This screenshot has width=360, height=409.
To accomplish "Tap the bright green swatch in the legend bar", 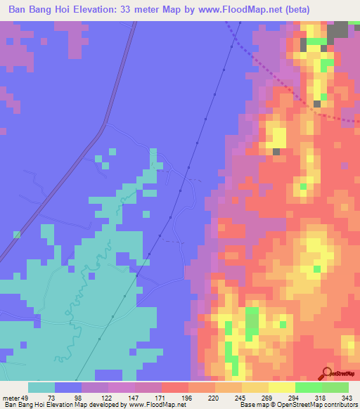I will click(x=308, y=388).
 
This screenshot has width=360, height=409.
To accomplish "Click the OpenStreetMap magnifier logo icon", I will click(x=326, y=372).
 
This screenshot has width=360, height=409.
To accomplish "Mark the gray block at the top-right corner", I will click(x=340, y=30).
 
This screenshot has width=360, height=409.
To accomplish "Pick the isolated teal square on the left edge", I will click(x=15, y=234).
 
